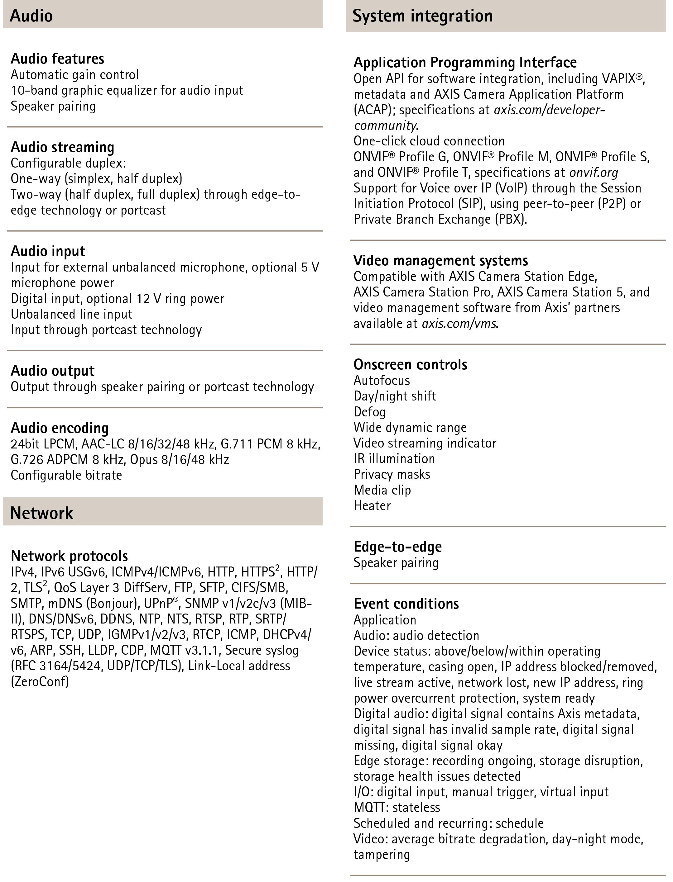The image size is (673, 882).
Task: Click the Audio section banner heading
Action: (31, 16)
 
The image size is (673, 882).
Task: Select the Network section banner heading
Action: (42, 513)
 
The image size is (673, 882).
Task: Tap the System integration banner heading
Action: (422, 16)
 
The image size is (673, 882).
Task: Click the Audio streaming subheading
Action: (62, 147)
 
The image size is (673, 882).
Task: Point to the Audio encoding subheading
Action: (60, 428)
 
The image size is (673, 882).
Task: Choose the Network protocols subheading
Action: (69, 556)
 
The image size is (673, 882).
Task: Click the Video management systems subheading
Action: (441, 260)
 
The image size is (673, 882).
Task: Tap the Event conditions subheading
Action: (406, 604)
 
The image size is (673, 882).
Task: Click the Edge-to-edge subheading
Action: (397, 546)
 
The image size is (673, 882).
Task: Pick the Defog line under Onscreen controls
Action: (369, 412)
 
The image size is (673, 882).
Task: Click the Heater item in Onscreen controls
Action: (372, 505)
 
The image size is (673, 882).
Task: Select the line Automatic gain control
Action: (75, 74)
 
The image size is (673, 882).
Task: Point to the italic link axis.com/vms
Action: (459, 323)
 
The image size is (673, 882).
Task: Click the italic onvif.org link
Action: (594, 172)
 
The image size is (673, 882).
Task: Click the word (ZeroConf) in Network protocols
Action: (40, 681)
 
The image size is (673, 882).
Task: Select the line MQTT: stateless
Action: (397, 807)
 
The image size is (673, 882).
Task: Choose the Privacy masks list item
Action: (392, 474)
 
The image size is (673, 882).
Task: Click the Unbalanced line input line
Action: (71, 314)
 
